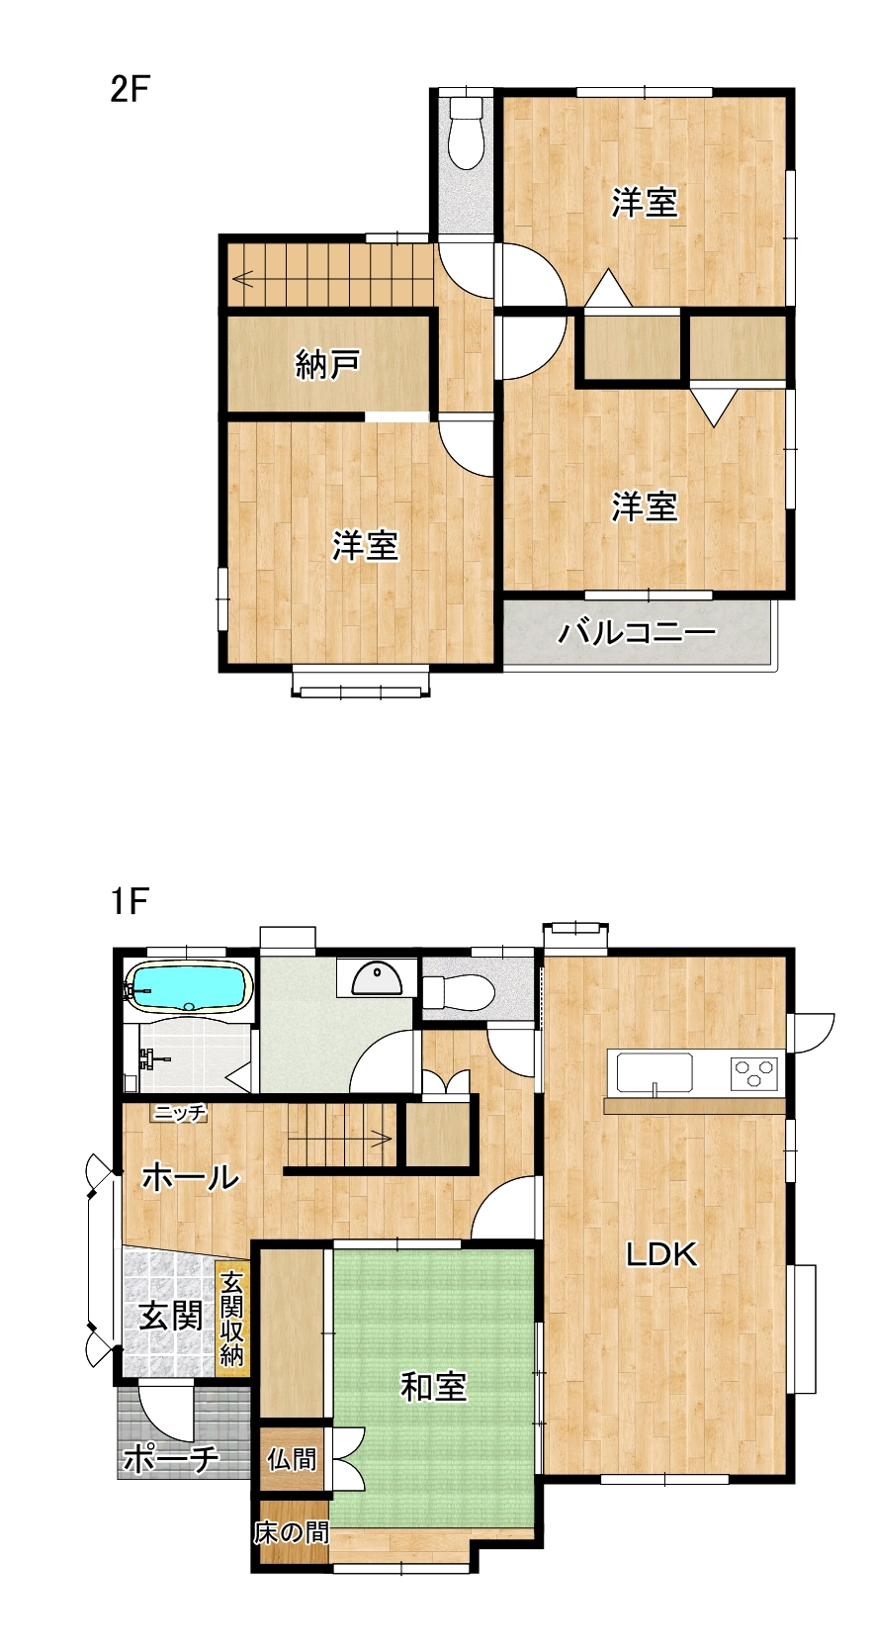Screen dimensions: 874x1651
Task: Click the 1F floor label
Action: click(130, 900)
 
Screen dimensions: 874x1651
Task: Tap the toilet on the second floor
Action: click(465, 133)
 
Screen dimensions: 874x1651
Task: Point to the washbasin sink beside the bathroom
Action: click(377, 978)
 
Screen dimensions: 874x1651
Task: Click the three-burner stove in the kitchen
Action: click(753, 1072)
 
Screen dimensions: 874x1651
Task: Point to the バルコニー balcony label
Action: click(637, 632)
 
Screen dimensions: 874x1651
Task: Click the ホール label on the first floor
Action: click(190, 1177)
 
